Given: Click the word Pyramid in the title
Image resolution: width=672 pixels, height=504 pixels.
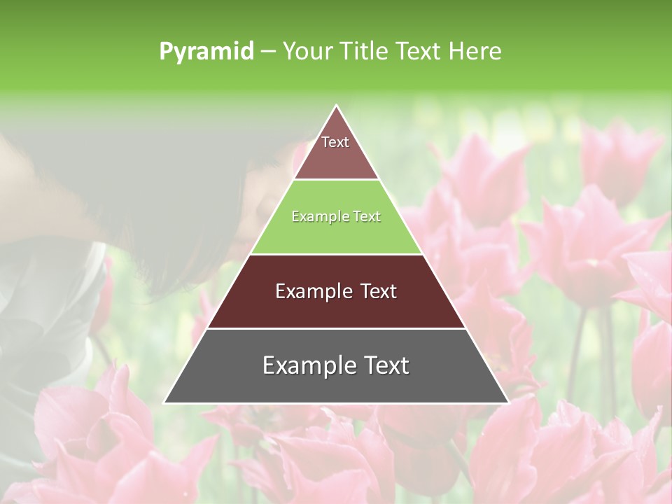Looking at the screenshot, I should coord(206,51).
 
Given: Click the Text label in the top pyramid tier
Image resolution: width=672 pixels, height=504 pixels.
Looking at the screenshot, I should coord(335,142).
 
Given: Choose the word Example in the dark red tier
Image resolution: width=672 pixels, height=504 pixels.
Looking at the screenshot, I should coord(312,291).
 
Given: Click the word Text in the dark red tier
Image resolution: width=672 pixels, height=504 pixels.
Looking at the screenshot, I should coord(378,291).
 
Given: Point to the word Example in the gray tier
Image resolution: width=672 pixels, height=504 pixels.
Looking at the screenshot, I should coord(308,365).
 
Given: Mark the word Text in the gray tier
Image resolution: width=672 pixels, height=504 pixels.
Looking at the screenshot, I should coord(386,365).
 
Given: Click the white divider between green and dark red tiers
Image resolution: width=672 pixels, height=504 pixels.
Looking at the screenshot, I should coord(337,254).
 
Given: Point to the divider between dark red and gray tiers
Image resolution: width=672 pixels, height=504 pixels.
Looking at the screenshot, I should coord(337,328).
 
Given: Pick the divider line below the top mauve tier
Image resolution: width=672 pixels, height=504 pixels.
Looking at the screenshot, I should coord(337,180).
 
